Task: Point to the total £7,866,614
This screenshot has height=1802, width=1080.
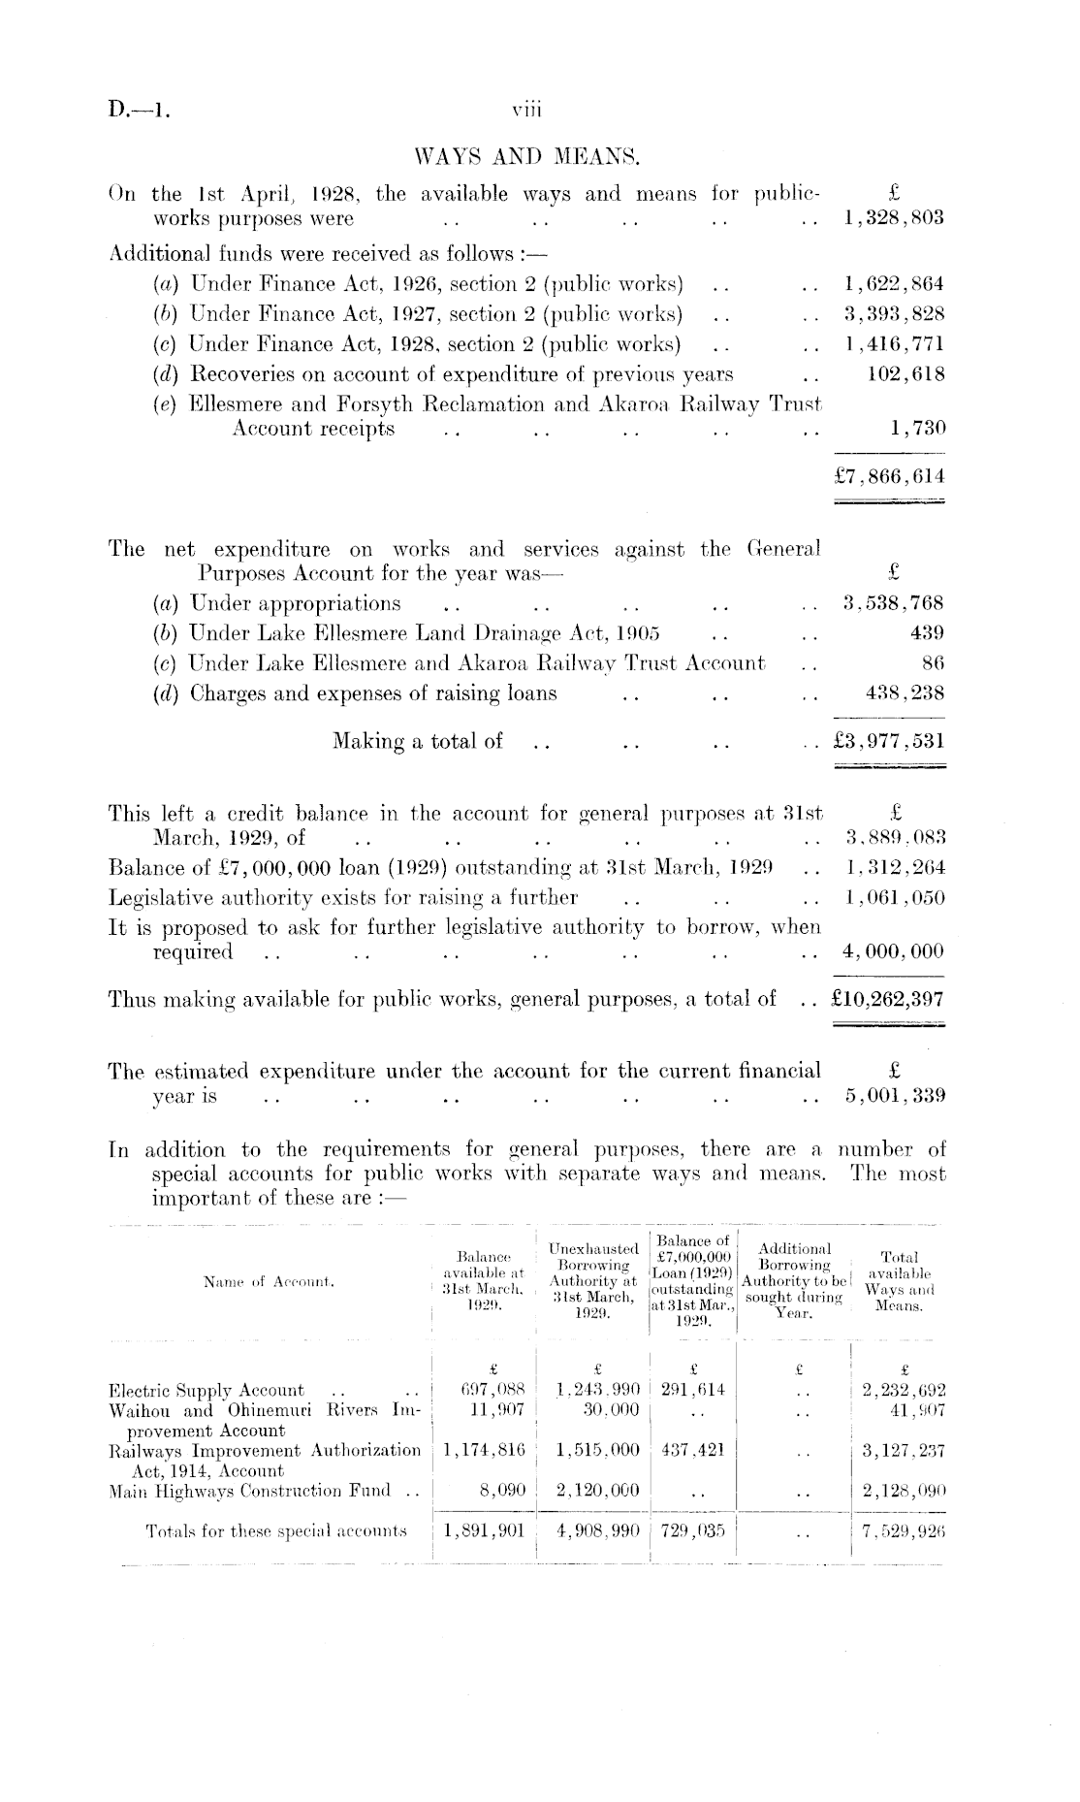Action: coord(889,477)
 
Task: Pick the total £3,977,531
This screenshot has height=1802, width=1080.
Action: coord(889,742)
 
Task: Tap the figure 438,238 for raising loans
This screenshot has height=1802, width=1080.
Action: coord(905,693)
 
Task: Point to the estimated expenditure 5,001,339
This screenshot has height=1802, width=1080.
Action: coord(893,1097)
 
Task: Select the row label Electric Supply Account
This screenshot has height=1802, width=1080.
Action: coord(207,1391)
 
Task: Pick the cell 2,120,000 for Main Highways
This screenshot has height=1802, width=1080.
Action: coord(599,1491)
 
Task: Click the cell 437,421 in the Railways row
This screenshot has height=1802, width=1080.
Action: coord(692,1450)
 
